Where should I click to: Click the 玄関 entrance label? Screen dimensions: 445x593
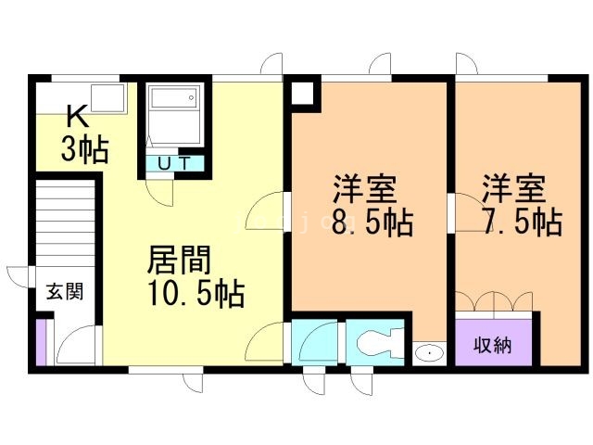click(65, 292)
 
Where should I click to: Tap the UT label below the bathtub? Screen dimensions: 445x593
click(173, 164)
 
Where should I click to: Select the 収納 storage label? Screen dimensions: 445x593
click(493, 345)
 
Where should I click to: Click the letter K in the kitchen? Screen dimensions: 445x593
click(78, 117)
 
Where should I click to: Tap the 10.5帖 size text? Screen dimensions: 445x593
click(195, 295)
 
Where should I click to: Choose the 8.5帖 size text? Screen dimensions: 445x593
click(372, 222)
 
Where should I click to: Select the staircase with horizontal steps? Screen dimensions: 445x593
click(66, 222)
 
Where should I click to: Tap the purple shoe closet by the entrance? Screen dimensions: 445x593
click(40, 343)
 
